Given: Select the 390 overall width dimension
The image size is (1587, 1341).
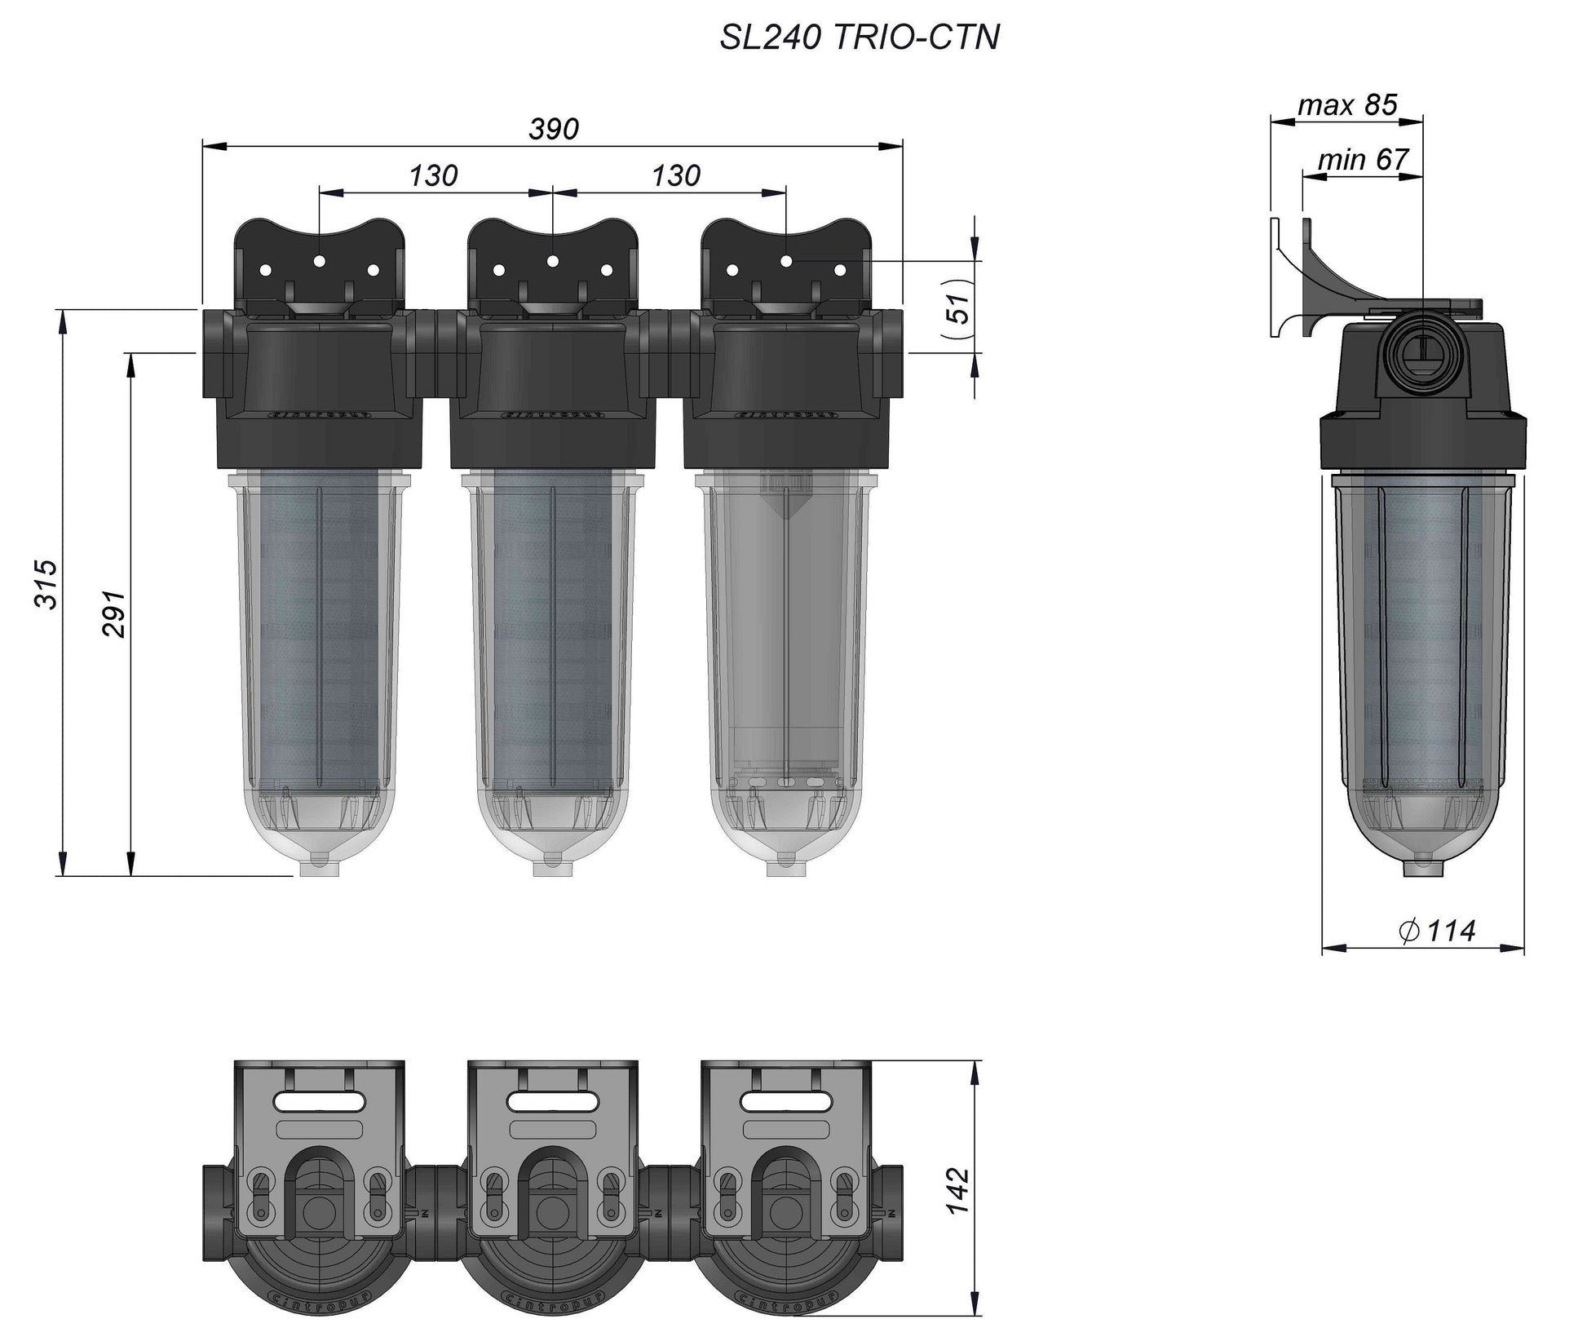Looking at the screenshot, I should [554, 129].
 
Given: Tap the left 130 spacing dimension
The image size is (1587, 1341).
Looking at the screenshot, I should [433, 175].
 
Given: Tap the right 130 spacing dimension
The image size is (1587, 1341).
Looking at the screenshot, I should [676, 175].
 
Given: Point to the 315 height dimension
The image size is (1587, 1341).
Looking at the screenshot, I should [46, 584].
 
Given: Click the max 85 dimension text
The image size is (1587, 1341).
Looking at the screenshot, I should [1347, 105].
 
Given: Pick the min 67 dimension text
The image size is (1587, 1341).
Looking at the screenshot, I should [1363, 160].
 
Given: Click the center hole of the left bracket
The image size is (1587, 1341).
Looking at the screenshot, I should [320, 261].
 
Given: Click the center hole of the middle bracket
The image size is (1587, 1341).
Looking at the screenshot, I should [552, 261].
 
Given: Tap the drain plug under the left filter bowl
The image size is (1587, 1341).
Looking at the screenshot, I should [320, 866].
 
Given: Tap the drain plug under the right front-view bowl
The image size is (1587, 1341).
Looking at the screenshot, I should [786, 866].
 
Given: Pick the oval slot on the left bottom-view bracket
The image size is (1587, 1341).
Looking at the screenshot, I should [320, 1101].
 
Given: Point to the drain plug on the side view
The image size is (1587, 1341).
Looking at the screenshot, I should [1422, 866].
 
